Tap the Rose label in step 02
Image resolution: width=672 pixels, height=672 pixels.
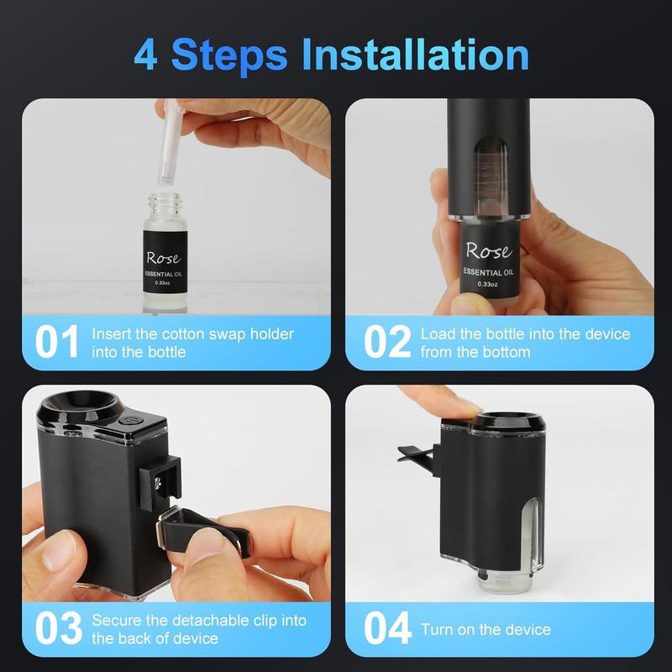(x=487, y=250)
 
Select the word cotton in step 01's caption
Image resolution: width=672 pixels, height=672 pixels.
(x=195, y=334)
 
